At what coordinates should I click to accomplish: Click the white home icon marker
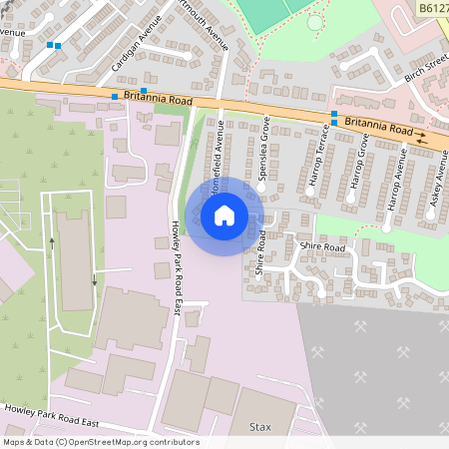click(x=224, y=215)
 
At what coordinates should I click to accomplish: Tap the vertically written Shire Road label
click(x=259, y=252)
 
